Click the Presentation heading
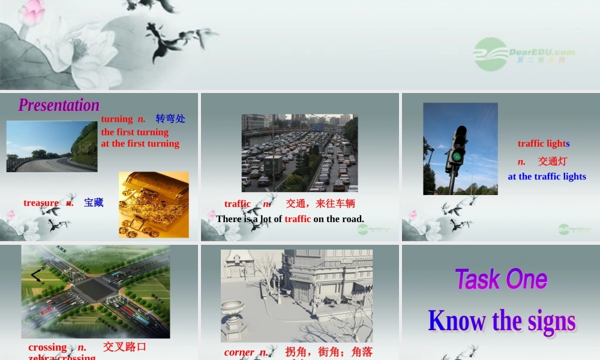(59, 105)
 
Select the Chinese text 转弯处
(170, 119)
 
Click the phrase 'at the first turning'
(140, 143)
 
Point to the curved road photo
(52, 146)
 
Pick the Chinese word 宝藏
(94, 203)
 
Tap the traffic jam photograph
(299, 153)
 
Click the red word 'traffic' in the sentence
(298, 219)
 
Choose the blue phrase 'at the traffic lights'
(547, 176)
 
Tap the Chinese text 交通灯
(552, 161)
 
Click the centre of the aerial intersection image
(96, 291)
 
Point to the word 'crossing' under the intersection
(47, 347)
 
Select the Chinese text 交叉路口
(125, 347)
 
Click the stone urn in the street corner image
(233, 314)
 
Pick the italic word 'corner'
(239, 352)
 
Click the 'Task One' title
(501, 280)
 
